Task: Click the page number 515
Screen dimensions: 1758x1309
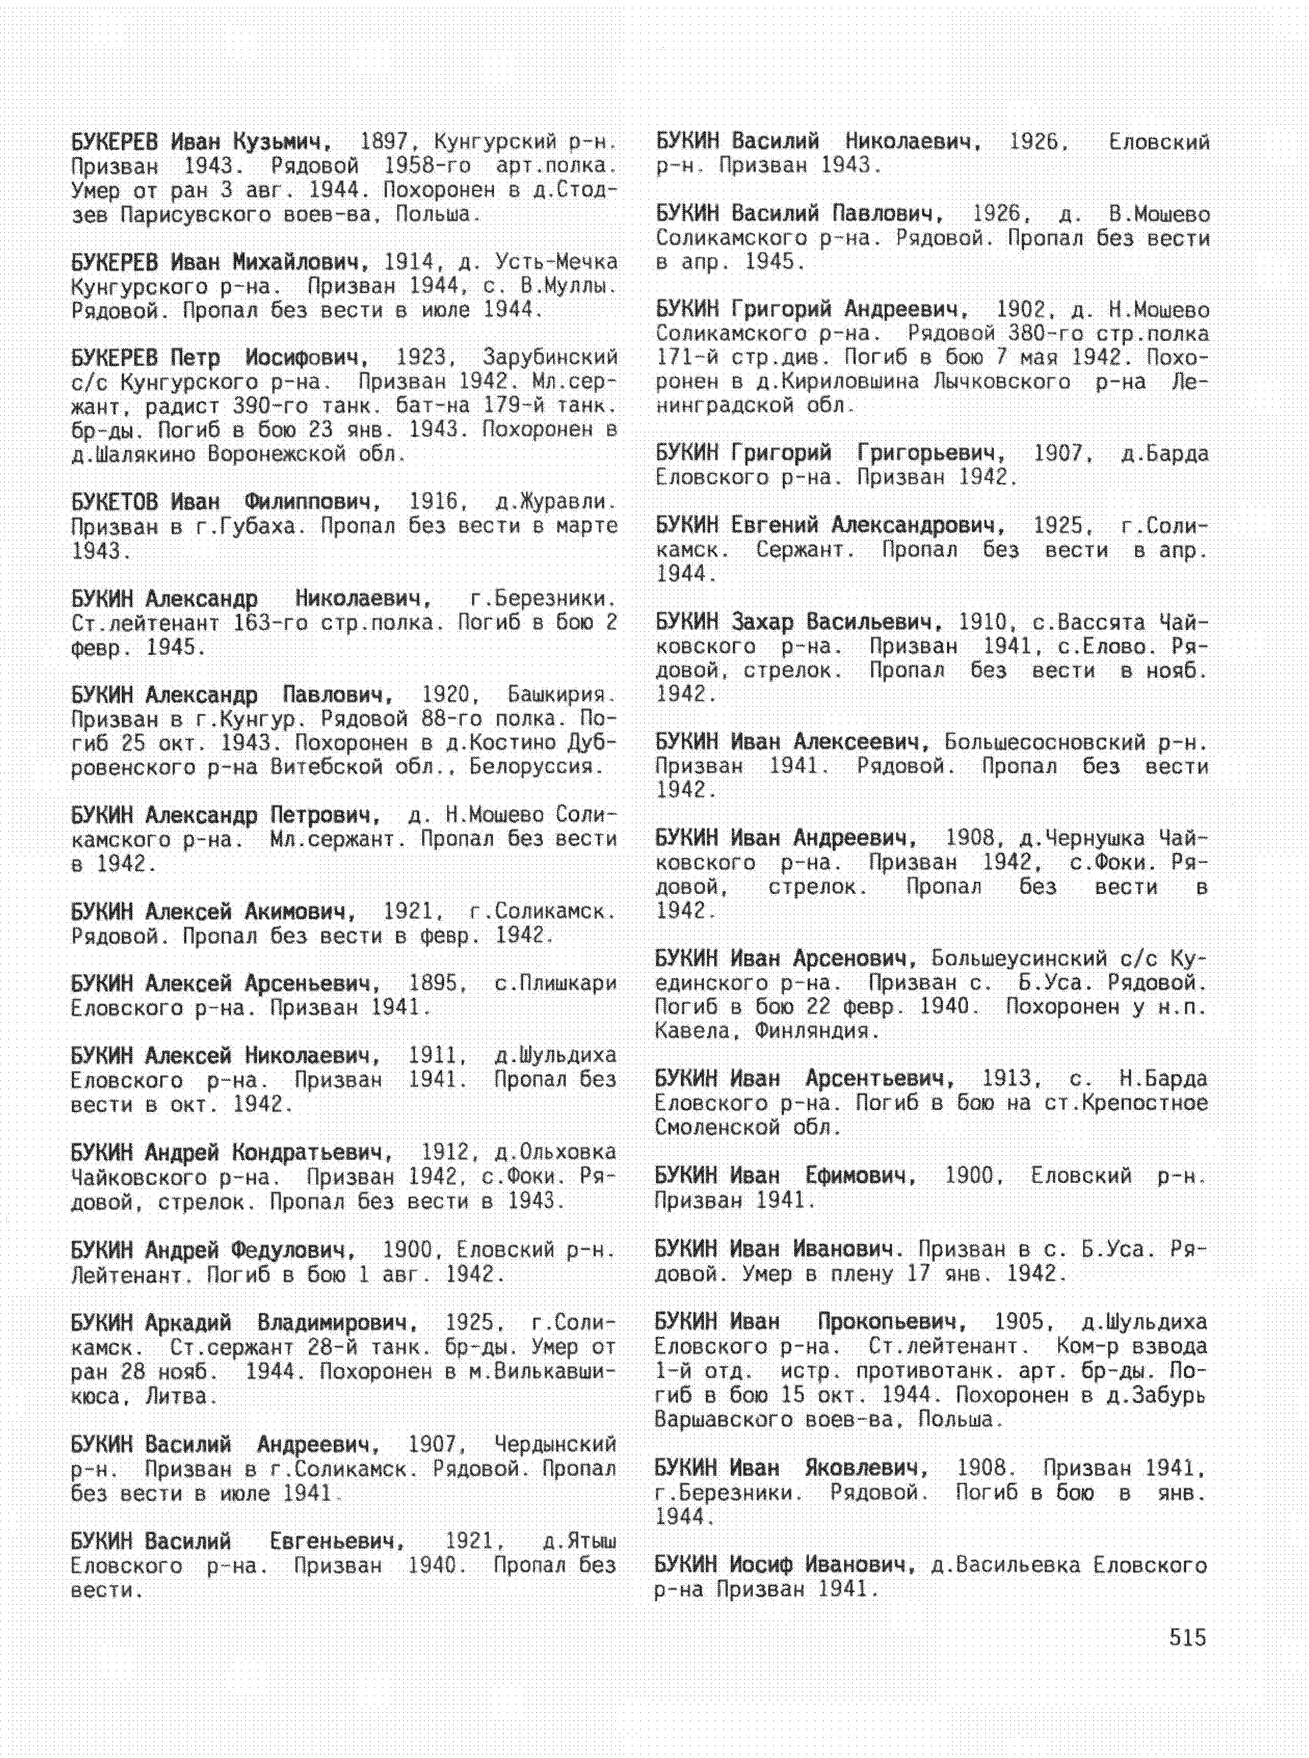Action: pos(1187,1637)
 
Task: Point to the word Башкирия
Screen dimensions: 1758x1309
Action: pos(560,695)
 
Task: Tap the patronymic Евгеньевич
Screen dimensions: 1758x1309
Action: pos(336,1541)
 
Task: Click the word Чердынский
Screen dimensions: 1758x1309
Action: pos(554,1444)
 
